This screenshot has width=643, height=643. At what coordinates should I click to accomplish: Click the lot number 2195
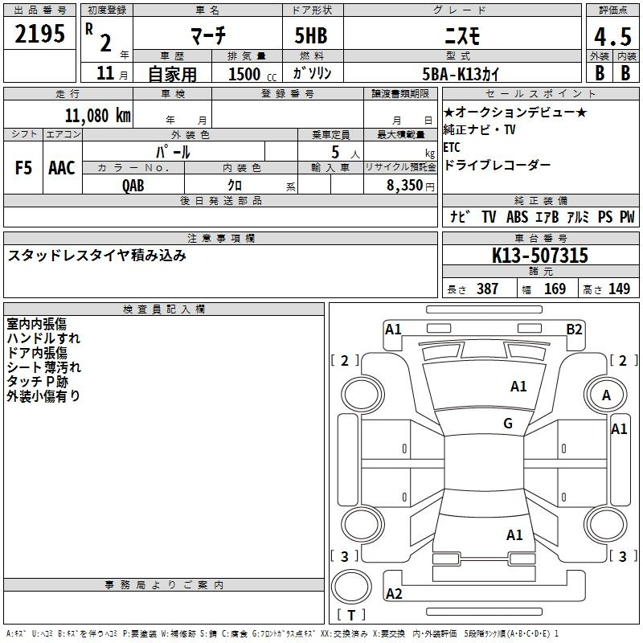(39, 34)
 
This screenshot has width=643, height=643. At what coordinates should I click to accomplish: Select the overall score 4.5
(612, 37)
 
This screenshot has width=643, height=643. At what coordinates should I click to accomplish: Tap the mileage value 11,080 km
(97, 116)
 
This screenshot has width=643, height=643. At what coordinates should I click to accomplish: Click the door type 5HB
(311, 35)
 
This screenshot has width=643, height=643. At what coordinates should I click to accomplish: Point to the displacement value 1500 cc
(252, 74)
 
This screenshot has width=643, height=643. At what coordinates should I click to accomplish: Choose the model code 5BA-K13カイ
(461, 74)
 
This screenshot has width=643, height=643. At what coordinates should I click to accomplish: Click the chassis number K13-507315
(539, 256)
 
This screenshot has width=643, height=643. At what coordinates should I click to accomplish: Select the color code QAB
(133, 186)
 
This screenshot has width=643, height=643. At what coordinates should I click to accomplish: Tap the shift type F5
(23, 168)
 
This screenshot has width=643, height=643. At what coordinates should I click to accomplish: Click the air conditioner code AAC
(62, 168)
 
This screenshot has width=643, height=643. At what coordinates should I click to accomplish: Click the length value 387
(488, 289)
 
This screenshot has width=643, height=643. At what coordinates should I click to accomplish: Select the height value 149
(619, 289)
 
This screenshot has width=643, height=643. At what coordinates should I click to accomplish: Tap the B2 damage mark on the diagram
(574, 330)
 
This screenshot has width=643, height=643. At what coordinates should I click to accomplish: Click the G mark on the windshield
(508, 423)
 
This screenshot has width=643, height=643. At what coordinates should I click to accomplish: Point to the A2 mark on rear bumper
(394, 593)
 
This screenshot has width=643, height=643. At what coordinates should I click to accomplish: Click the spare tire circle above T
(351, 587)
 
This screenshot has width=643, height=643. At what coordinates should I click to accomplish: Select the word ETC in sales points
(452, 147)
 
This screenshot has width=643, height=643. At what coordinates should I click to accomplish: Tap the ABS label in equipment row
(517, 217)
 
